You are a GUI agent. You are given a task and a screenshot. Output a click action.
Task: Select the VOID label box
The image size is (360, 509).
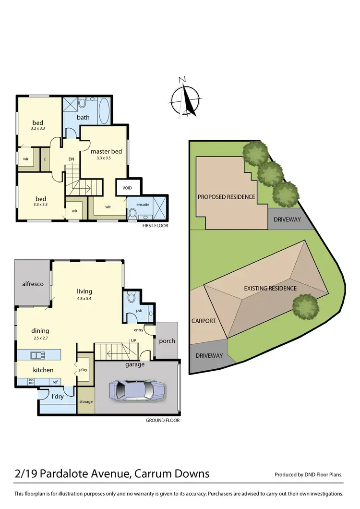(127, 188)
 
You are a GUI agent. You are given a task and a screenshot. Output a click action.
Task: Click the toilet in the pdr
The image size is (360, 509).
(132, 298)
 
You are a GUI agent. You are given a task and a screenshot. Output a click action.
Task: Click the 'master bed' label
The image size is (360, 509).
(106, 151)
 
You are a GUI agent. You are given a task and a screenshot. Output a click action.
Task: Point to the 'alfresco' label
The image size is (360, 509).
(33, 284)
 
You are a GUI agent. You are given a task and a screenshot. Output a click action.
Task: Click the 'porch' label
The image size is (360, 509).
(167, 341)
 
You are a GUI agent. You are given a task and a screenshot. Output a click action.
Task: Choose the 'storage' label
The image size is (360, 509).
(86, 401)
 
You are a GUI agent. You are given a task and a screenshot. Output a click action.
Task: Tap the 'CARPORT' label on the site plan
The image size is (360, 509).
(204, 321)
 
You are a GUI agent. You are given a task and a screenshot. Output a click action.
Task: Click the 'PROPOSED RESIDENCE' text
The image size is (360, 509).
(227, 197)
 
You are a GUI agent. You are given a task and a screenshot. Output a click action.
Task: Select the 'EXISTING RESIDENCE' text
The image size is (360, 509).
(270, 289)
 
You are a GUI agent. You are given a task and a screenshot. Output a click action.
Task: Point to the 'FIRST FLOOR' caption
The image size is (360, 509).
(156, 225)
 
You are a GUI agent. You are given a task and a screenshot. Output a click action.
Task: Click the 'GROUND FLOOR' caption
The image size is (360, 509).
(163, 420)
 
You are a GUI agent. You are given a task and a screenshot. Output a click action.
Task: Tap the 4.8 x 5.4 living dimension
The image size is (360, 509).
(84, 298)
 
